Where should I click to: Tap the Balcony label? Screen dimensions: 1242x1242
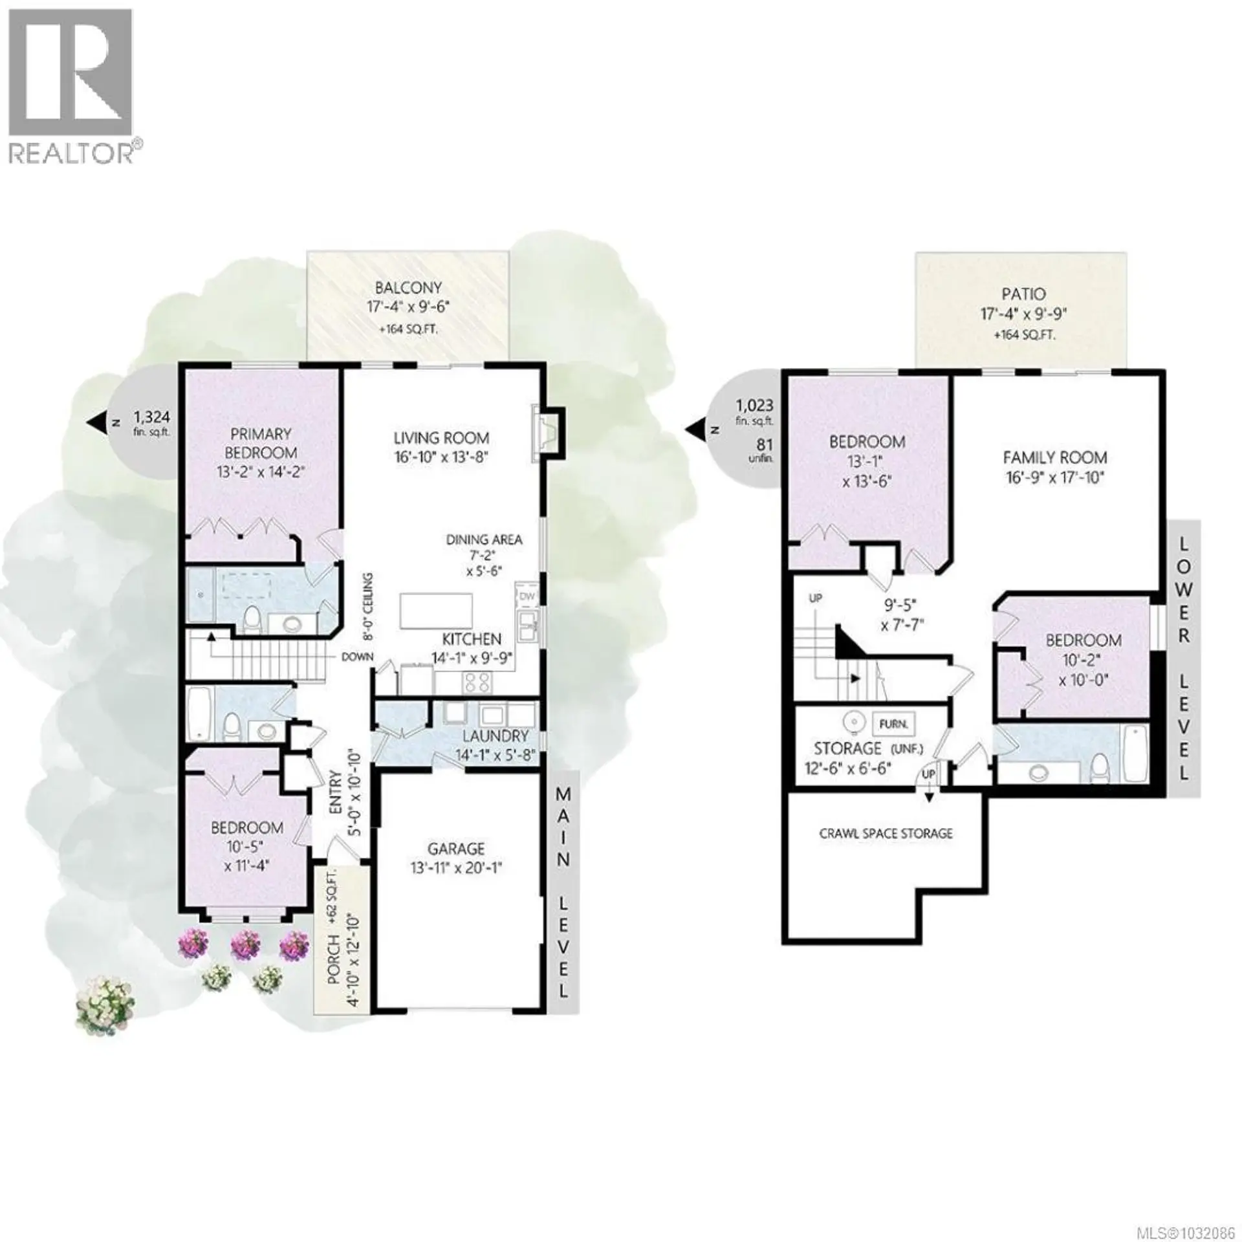click(x=408, y=288)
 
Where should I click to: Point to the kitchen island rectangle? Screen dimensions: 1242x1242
click(x=435, y=610)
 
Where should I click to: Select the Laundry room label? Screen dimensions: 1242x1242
click(x=496, y=735)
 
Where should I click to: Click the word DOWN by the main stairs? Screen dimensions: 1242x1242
click(x=357, y=657)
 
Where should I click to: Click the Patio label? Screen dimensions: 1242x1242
click(x=1023, y=294)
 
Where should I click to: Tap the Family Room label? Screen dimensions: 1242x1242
click(x=1054, y=457)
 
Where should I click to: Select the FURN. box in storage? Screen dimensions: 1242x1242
click(x=893, y=724)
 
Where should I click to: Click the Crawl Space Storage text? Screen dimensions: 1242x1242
click(x=886, y=833)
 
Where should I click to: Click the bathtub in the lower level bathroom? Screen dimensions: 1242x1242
click(x=1135, y=754)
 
